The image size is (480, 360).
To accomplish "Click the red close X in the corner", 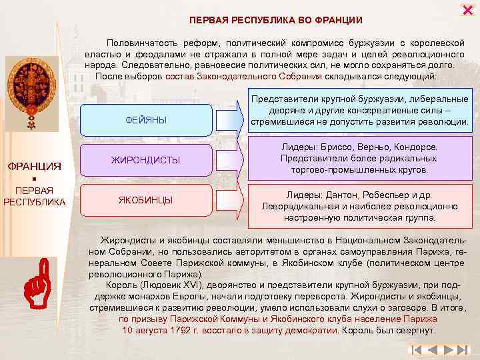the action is click(x=467, y=9).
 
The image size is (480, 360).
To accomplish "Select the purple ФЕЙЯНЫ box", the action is click(x=146, y=119).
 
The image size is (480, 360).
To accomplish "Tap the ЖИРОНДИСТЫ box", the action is click(x=146, y=160).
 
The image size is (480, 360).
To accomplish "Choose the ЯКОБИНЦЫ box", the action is click(x=146, y=200).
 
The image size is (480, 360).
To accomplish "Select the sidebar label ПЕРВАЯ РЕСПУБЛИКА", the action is click(x=34, y=196).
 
